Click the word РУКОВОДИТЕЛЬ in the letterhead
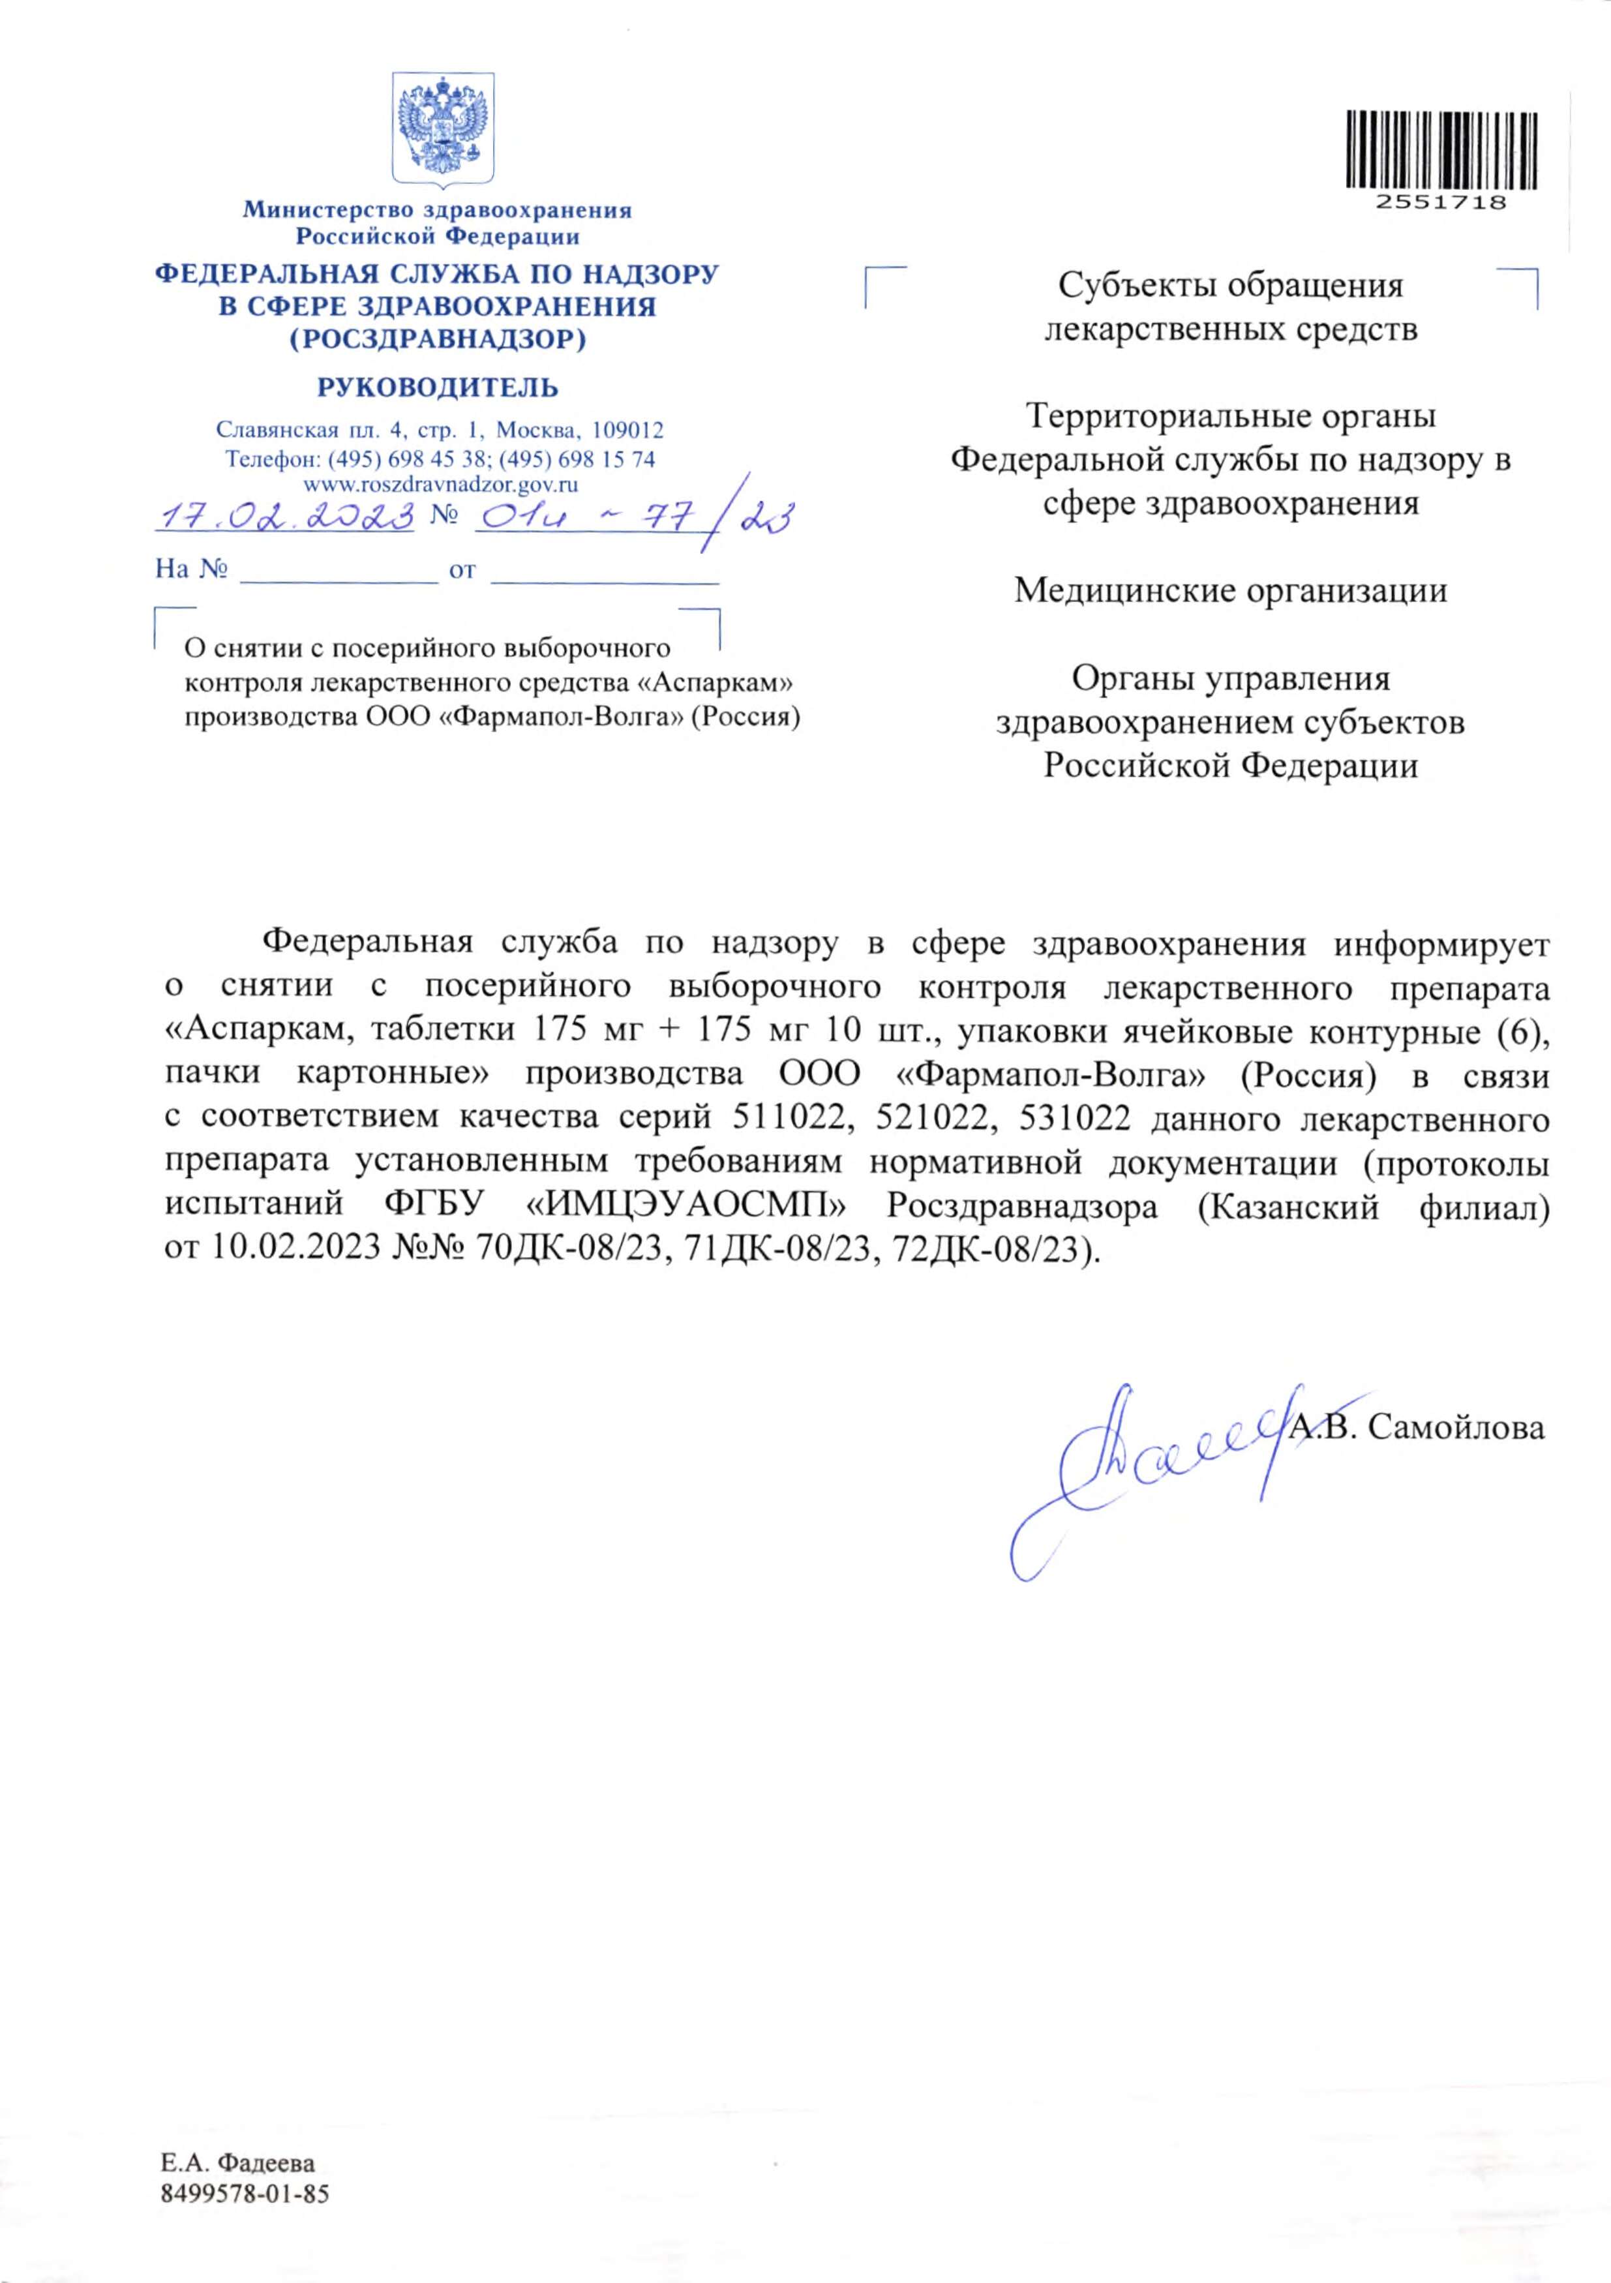[x=438, y=388]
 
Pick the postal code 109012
[x=627, y=431]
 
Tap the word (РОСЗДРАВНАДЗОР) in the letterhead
[x=438, y=340]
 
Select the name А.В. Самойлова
[x=1417, y=1428]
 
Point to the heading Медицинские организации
[x=1230, y=590]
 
